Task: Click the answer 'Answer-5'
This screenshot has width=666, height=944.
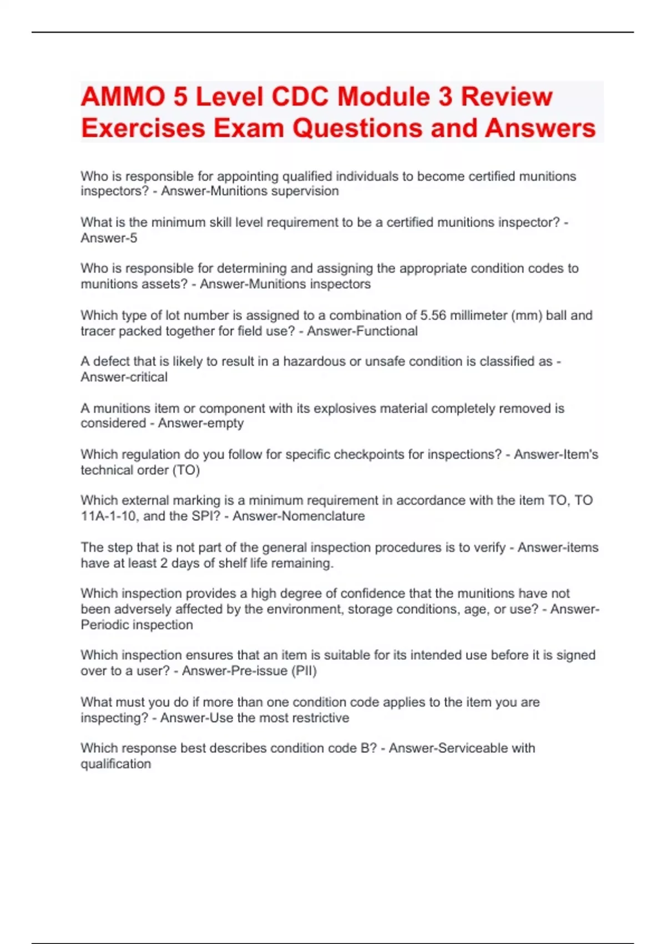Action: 109,238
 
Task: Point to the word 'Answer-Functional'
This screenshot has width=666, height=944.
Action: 362,332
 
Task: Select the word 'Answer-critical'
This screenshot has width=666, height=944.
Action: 124,378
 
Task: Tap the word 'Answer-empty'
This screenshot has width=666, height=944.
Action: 201,424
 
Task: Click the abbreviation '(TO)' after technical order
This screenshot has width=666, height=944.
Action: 186,470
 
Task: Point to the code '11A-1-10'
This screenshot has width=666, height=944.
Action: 108,516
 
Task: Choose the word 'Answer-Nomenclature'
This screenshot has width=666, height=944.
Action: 299,516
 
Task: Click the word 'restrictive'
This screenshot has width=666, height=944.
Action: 321,718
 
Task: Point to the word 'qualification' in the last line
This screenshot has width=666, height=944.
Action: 115,765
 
